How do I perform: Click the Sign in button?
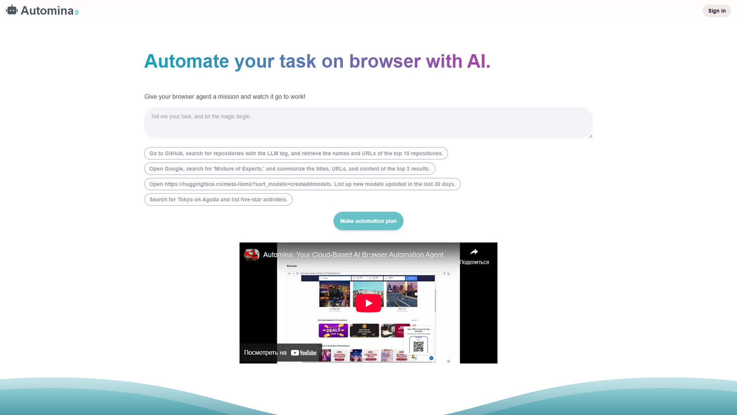click(716, 11)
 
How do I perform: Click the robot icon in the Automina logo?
click(12, 10)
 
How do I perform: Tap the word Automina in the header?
click(47, 11)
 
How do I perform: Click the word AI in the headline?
click(479, 61)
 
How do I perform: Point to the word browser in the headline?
click(385, 61)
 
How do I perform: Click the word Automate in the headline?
click(187, 61)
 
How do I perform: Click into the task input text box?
click(368, 123)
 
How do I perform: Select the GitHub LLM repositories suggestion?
click(296, 154)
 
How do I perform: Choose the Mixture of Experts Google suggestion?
click(289, 169)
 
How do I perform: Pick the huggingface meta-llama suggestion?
click(302, 184)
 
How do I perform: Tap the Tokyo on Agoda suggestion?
click(218, 200)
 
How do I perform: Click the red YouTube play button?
click(368, 303)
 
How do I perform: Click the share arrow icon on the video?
click(474, 252)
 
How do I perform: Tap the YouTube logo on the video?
click(304, 353)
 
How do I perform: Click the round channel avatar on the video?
click(252, 255)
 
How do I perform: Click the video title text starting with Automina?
click(353, 255)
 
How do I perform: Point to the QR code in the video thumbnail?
click(418, 346)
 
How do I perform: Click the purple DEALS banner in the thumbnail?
click(333, 330)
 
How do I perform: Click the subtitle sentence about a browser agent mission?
click(224, 97)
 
